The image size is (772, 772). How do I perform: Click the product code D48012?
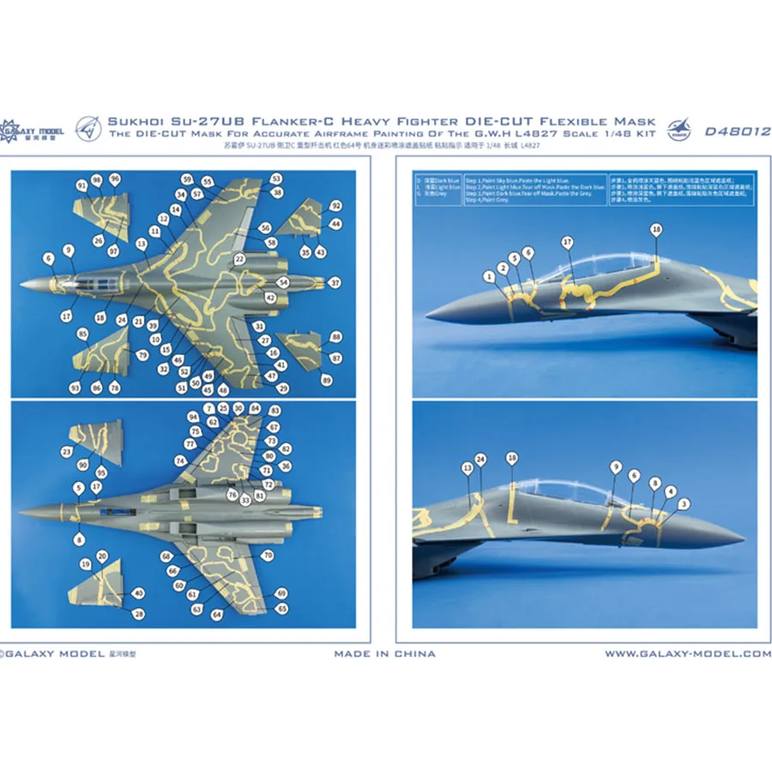(736, 133)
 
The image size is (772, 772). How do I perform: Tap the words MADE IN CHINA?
(385, 654)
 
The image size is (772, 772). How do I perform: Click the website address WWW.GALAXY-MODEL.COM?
(688, 654)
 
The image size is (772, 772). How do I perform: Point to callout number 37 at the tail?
(335, 282)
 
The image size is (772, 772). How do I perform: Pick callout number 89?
(326, 379)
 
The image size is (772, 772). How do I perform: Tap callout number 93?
(75, 389)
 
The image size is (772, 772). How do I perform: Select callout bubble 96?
(115, 178)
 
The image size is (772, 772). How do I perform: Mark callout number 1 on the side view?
(489, 275)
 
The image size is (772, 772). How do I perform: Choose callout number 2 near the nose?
(502, 267)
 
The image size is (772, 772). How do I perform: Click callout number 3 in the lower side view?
(683, 504)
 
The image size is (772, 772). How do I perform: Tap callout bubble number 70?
(268, 556)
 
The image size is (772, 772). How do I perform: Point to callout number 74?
(182, 461)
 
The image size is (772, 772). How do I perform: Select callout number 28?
(139, 612)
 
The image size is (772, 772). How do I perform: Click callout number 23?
(67, 450)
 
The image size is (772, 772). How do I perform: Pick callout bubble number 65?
(281, 607)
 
